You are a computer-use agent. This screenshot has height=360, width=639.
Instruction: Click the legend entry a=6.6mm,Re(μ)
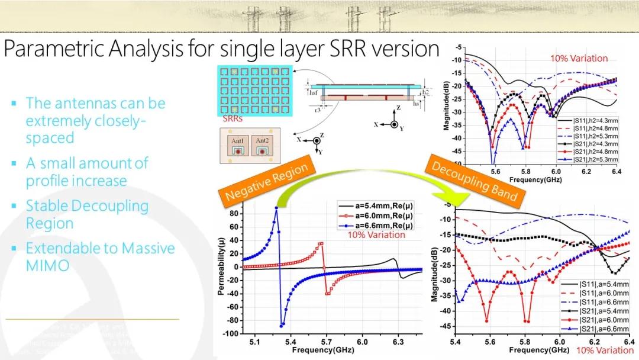384,226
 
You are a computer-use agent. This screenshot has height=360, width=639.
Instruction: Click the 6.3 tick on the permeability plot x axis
398,342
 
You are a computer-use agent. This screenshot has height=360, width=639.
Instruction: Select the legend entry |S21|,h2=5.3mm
589,159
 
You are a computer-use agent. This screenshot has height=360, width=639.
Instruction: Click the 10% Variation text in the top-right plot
579,58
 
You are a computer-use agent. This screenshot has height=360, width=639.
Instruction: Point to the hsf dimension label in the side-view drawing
314,93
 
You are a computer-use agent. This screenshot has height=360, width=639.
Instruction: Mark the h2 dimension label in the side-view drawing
425,92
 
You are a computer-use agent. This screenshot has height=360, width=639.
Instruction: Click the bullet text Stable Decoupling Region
86,214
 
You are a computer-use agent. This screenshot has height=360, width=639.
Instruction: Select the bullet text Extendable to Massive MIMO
100,256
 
